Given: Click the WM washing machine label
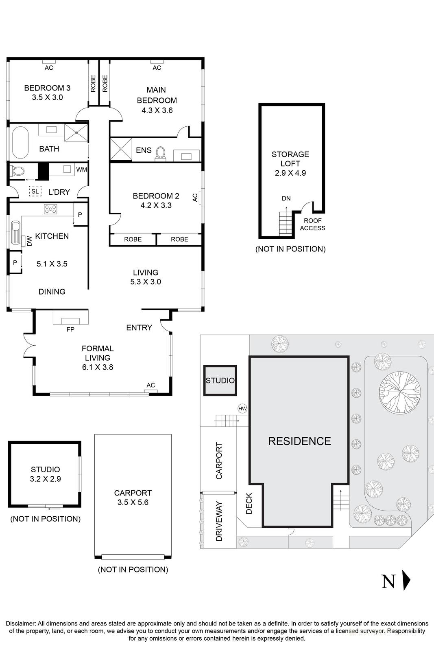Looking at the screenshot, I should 81,170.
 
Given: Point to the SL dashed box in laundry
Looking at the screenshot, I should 35,191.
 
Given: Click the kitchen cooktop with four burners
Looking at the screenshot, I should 51,209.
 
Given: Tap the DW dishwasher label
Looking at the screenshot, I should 29,241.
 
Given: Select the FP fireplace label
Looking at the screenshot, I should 70,329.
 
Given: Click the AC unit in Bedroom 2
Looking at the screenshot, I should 201,197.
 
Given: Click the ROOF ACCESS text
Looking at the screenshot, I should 312,224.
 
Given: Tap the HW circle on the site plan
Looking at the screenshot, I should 242,408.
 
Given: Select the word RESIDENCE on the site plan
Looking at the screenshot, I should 299,441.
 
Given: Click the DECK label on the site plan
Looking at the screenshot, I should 249,503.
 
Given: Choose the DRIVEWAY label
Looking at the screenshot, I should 219,521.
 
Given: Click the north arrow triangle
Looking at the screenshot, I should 406,580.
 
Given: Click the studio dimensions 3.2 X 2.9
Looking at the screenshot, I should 45,479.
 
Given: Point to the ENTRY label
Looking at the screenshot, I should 139,327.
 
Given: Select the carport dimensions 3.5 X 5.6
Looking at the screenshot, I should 133,502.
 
